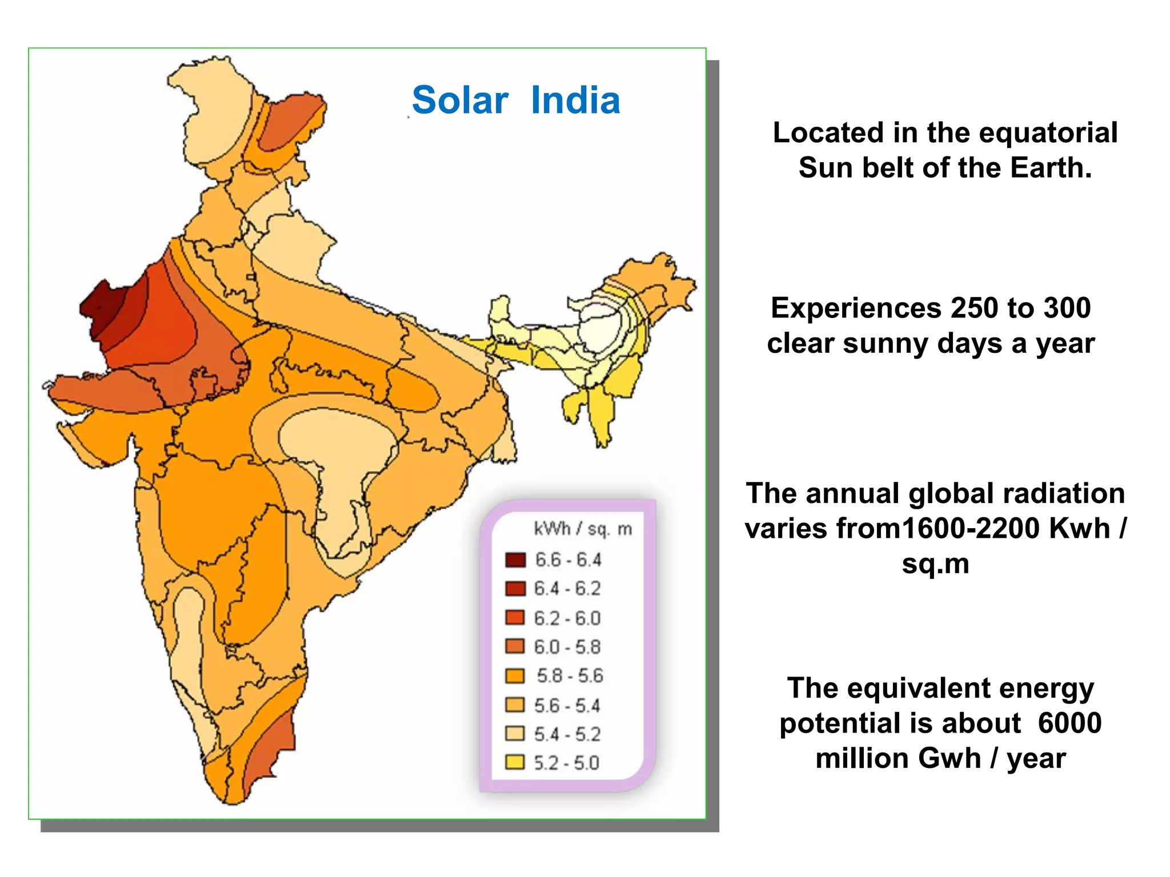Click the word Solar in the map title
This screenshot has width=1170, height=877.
tap(460, 100)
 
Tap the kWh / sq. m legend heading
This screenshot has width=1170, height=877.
tap(582, 529)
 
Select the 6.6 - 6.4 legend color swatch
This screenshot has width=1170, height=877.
tap(515, 560)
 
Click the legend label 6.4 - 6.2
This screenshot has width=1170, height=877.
tap(567, 589)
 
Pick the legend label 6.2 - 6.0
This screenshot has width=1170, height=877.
tap(567, 618)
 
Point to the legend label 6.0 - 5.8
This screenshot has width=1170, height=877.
tap(567, 647)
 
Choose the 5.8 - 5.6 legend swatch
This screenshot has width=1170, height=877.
tap(515, 676)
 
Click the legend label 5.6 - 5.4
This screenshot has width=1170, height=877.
tap(567, 706)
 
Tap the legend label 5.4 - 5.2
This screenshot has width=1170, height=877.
tap(567, 734)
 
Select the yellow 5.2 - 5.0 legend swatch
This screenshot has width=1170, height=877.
tap(515, 763)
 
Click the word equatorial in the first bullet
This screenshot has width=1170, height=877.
tap(1048, 133)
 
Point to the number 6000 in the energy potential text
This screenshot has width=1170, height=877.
tap(1069, 723)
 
